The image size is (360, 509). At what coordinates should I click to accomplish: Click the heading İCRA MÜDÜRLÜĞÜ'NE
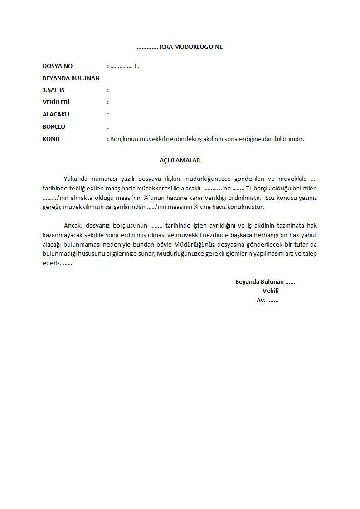[x=191, y=47]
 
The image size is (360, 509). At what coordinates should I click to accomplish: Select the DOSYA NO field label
[x=58, y=66]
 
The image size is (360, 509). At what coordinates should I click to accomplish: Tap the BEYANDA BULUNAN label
[x=71, y=78]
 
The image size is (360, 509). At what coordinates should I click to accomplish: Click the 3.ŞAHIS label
[x=54, y=90]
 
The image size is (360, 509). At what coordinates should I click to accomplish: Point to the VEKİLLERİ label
[x=56, y=102]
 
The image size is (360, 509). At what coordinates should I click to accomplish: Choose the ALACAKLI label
[x=56, y=115]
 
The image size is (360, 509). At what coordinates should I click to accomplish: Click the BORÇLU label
[x=54, y=127]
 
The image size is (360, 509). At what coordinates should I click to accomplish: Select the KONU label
[x=51, y=139]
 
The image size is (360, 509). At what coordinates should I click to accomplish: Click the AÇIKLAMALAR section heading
[x=180, y=160]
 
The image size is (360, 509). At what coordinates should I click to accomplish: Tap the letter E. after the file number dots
[x=137, y=66]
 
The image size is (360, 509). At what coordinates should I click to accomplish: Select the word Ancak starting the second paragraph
[x=72, y=225]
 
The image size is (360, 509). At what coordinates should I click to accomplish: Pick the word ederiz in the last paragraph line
[x=51, y=263]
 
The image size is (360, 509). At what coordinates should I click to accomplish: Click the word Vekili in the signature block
[x=270, y=291]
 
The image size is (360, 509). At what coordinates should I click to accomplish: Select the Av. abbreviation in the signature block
[x=261, y=300]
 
